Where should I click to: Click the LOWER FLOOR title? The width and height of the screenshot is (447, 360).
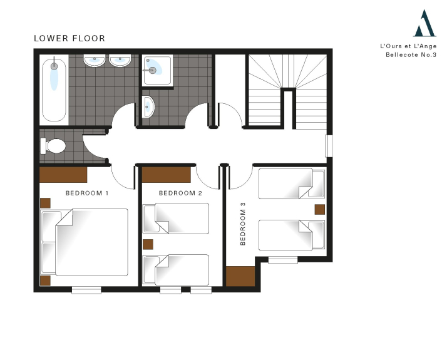click(x=69, y=38)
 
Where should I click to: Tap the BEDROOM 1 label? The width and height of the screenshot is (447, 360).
click(x=87, y=193)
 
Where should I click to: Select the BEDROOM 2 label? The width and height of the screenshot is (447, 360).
click(x=180, y=193)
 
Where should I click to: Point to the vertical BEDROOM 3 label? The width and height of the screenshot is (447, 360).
click(x=243, y=224)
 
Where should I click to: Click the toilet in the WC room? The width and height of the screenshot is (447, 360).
click(x=53, y=146)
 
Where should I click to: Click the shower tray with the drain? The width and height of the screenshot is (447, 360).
click(x=157, y=70)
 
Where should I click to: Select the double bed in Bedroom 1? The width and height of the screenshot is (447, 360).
click(x=85, y=242)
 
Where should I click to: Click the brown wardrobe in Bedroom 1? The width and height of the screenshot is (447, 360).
click(x=63, y=175)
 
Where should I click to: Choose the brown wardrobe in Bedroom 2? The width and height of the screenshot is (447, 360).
click(x=166, y=175)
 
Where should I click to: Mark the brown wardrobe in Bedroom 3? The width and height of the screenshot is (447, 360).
click(x=240, y=276)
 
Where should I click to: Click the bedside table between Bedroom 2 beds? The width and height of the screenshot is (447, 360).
click(x=148, y=244)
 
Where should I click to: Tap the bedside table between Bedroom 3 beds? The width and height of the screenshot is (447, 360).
click(x=319, y=210)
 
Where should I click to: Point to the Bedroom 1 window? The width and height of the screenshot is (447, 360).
click(x=86, y=290)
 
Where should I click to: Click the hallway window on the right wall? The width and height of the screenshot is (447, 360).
click(x=329, y=146)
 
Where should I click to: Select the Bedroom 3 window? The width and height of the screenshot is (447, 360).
click(x=283, y=260)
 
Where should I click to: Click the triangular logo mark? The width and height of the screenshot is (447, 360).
click(x=424, y=23)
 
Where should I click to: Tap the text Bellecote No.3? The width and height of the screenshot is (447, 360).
click(x=411, y=54)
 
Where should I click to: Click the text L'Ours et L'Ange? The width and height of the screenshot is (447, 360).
click(x=408, y=46)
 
